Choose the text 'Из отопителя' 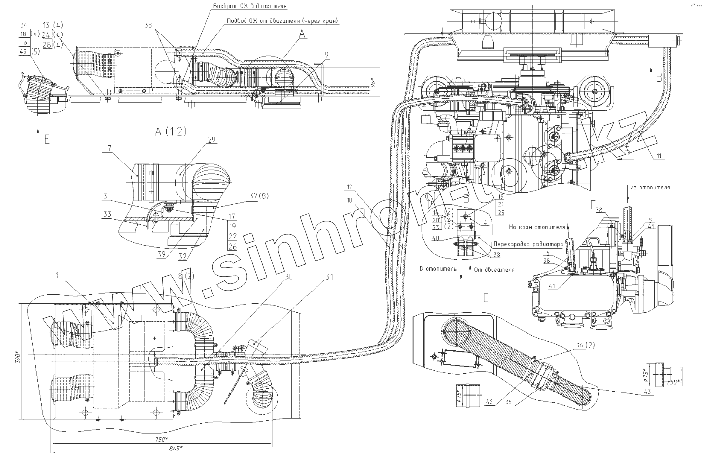coord(650,187)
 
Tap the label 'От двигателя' coord(494,270)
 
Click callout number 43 coord(647,392)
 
